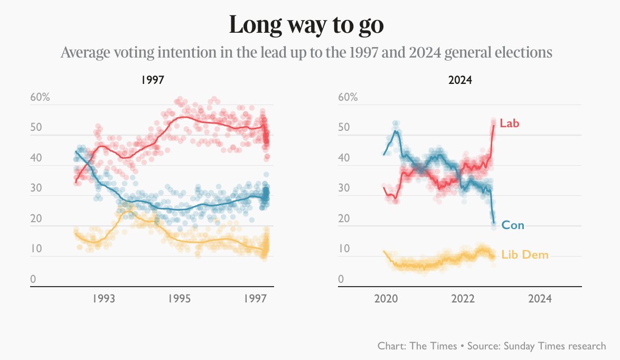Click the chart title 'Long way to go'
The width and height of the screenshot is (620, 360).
pos(306,25)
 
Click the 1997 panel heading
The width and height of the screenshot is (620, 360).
pos(152,81)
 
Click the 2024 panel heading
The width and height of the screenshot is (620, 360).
pos(459,81)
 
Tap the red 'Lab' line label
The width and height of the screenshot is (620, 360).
pos(510,124)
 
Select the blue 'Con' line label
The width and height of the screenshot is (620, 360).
pos(513,225)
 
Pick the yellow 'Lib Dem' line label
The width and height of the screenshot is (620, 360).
pos(525,255)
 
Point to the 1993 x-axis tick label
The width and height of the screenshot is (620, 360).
pos(104,299)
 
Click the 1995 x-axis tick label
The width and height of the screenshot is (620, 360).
pos(180,299)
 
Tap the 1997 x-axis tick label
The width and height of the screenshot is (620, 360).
pos(256,299)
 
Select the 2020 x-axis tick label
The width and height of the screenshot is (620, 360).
pos(386,299)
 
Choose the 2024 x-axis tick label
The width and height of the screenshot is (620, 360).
pos(540,299)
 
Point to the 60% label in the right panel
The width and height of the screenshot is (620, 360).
pos(347,98)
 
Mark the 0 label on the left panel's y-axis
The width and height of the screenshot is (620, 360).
pos(33,279)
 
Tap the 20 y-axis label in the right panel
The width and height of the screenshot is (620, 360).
pos(343,219)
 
